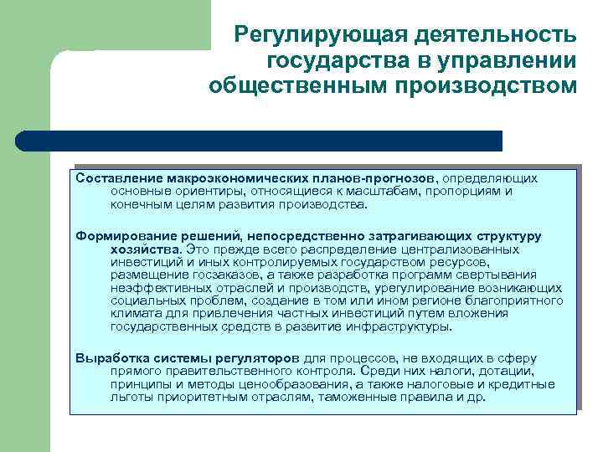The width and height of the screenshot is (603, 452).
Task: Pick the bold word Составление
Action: pos(119,178)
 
